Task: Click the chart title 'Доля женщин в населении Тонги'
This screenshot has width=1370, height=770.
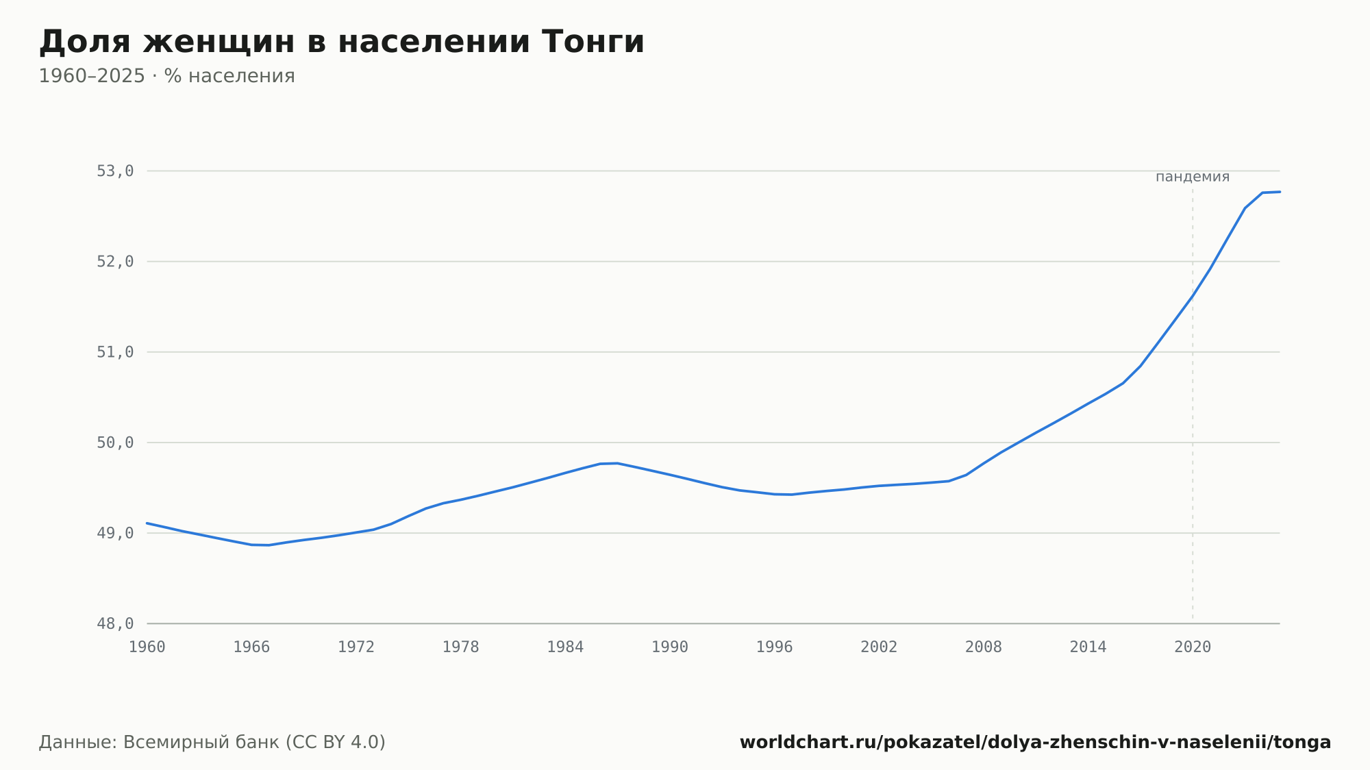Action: [342, 42]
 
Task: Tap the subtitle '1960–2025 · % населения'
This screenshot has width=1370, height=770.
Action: [166, 76]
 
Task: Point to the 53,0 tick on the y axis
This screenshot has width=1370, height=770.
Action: [115, 171]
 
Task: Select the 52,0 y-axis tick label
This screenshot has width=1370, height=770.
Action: [115, 262]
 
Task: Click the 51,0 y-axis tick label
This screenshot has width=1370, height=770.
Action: [115, 352]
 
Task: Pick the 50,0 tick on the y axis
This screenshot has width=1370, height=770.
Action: [115, 443]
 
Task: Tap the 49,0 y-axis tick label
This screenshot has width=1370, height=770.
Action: [115, 533]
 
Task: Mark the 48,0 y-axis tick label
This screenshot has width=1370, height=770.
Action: [115, 623]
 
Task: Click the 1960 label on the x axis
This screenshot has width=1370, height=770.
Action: [147, 647]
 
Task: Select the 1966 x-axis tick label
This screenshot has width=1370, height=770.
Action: [251, 647]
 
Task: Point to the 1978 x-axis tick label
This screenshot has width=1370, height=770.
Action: [460, 647]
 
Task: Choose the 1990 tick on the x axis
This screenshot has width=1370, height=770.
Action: [670, 647]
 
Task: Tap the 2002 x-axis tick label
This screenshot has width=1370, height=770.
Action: [879, 647]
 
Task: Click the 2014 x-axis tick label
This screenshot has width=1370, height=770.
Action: [1088, 647]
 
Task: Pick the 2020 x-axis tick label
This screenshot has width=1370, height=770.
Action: [1193, 647]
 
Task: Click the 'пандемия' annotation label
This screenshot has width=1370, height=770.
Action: [1193, 177]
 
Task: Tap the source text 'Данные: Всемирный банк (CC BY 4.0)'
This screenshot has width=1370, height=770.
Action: [212, 742]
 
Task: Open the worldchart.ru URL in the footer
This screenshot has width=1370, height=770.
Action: [1035, 742]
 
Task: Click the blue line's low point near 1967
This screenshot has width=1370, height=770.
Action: [269, 545]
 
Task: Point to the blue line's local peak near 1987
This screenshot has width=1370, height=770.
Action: [617, 463]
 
